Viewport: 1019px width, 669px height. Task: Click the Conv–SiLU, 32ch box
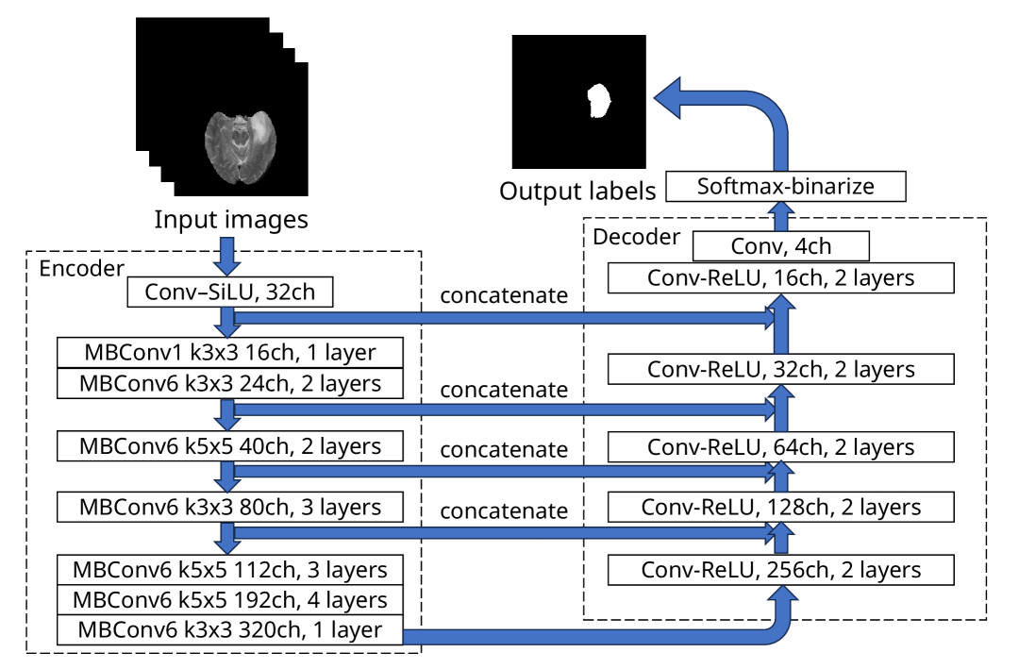pos(231,293)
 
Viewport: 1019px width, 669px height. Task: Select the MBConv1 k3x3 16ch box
pos(231,354)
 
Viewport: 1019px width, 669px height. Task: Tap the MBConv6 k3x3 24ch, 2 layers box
pos(231,383)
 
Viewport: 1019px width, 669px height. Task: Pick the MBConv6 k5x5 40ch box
pos(231,445)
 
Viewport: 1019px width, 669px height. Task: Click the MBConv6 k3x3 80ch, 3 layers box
pos(231,507)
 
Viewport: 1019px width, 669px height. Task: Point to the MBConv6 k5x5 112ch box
pos(231,570)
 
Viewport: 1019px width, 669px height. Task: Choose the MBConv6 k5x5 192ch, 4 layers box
pos(231,599)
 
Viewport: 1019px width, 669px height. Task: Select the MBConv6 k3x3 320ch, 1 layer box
pos(231,629)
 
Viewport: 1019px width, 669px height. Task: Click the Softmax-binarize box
pos(785,186)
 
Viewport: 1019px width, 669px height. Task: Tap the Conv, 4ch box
pos(780,247)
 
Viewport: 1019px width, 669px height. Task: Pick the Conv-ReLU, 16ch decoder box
pos(781,277)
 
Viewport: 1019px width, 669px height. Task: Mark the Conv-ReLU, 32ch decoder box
pos(781,369)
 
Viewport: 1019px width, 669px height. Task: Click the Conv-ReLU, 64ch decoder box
pos(781,446)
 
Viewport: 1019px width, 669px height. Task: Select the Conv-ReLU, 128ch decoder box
pos(781,508)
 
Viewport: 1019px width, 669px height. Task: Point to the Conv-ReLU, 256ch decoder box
pos(781,570)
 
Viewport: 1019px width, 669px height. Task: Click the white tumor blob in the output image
pos(596,100)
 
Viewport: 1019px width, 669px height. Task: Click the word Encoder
pos(81,269)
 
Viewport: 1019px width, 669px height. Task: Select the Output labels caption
pos(577,192)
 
